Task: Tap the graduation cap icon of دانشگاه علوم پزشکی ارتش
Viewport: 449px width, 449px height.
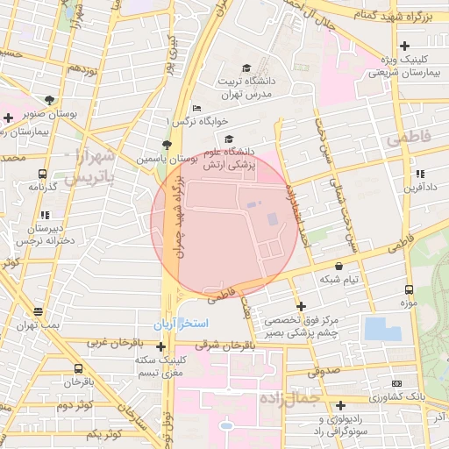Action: point(230,139)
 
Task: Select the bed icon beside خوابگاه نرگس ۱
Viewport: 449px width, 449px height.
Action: point(196,108)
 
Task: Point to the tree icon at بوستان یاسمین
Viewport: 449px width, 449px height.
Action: point(167,145)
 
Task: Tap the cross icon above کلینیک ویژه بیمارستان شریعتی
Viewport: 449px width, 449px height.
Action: point(404,46)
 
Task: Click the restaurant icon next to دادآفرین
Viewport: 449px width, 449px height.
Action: point(421,174)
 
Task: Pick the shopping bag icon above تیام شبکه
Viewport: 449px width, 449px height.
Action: point(339,266)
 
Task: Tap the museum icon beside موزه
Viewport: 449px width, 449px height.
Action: point(408,290)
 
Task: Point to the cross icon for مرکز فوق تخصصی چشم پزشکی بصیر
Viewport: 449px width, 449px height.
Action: point(302,306)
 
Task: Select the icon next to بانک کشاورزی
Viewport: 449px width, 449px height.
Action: point(396,383)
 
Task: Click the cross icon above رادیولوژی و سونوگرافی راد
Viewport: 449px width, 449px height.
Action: point(340,405)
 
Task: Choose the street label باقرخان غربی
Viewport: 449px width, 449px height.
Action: point(113,342)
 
